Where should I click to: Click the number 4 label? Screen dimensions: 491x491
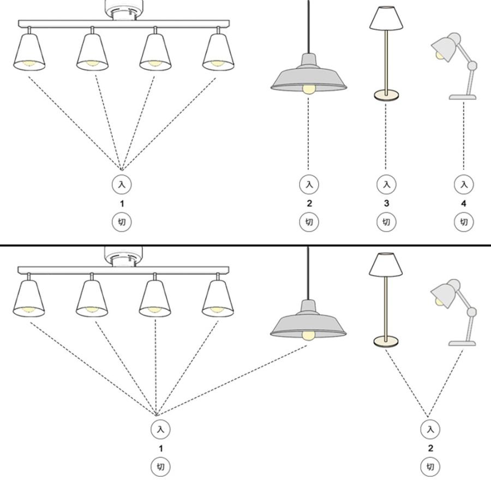[x=464, y=203]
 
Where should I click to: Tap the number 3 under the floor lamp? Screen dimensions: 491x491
[x=386, y=203]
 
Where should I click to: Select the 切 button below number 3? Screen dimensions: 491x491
[x=386, y=222]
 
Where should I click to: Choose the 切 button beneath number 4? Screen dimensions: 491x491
[x=464, y=222]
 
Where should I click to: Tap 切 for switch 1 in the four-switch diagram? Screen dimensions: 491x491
[x=122, y=222]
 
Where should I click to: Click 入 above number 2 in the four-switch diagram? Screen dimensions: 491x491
[x=309, y=184]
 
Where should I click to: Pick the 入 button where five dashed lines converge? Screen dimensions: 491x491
[x=160, y=429]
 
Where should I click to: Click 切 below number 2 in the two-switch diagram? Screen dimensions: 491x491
[x=430, y=467]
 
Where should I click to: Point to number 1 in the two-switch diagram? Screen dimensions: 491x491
[x=160, y=448]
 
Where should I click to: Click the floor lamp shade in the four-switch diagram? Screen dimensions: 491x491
[x=386, y=19]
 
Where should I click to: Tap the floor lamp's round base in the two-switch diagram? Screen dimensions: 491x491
[x=386, y=342]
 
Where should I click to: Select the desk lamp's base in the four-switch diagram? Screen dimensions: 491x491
[x=463, y=97]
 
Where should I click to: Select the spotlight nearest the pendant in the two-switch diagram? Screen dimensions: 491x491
[x=217, y=299]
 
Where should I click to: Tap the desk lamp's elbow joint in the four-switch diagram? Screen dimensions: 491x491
[x=472, y=65]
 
